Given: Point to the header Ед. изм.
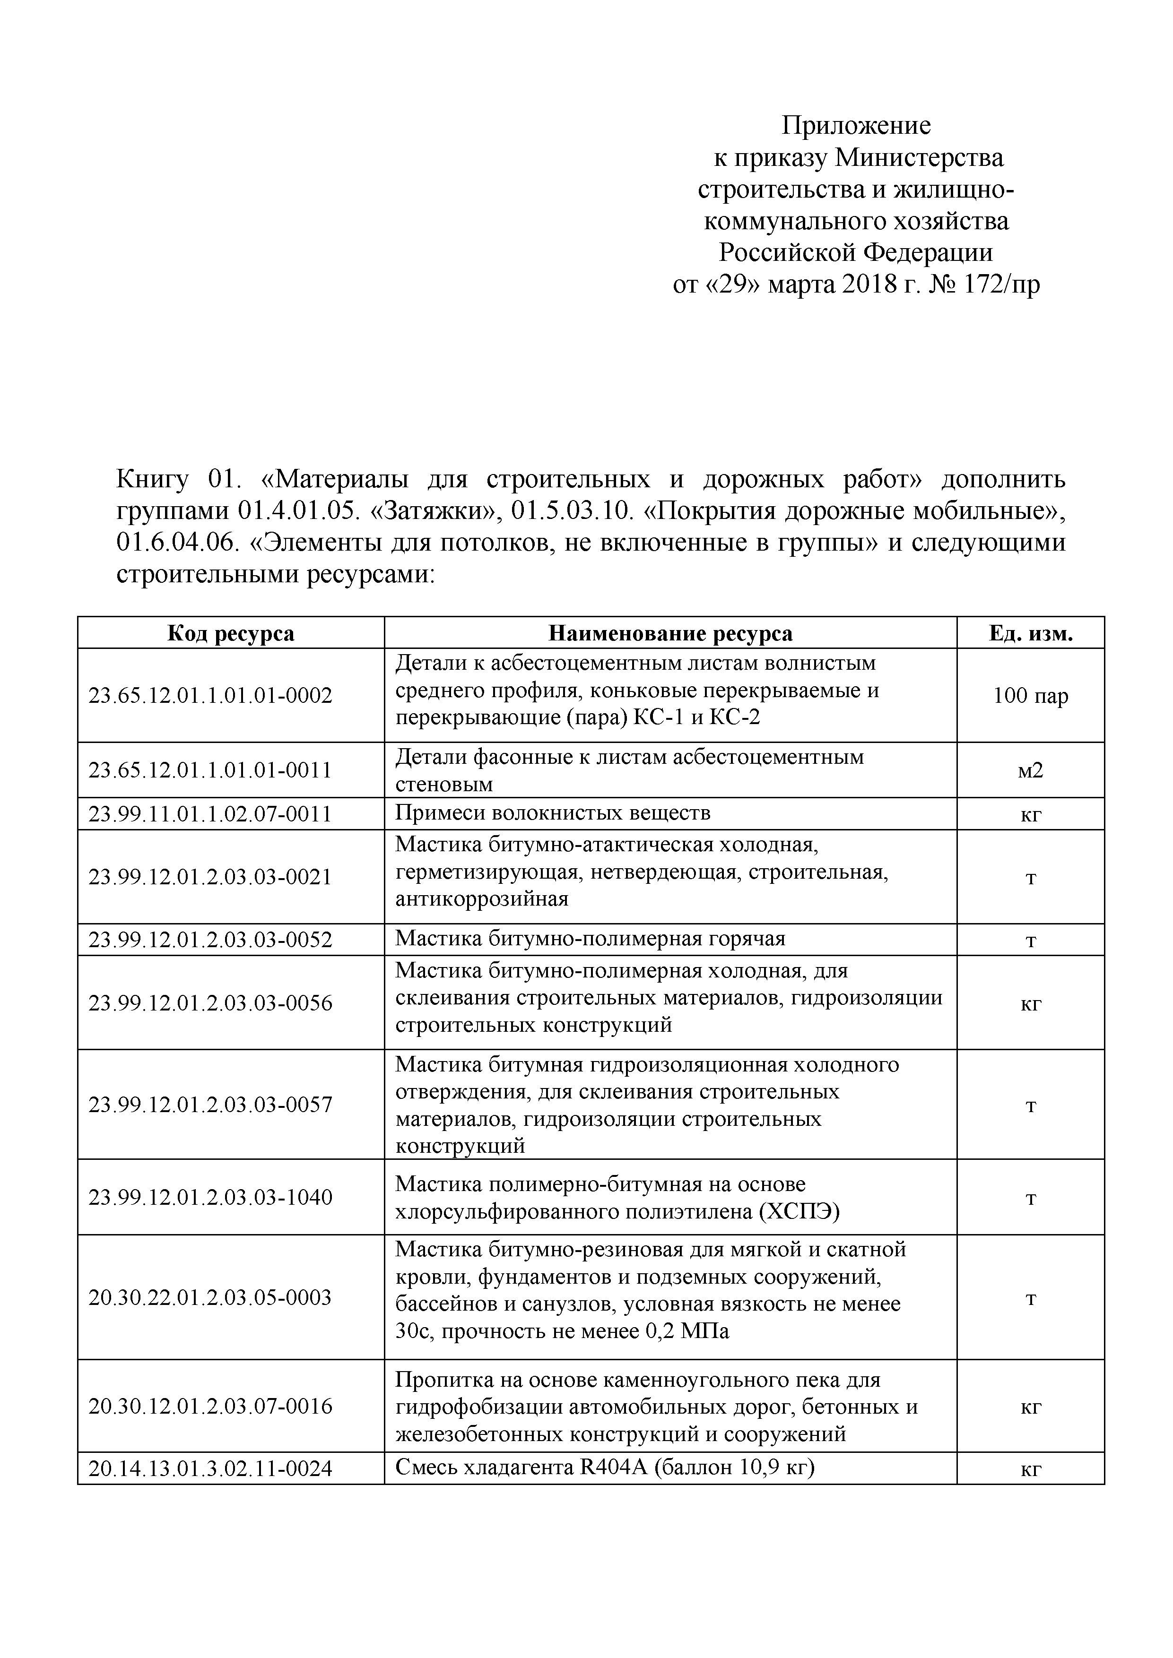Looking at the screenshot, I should pos(1030,633).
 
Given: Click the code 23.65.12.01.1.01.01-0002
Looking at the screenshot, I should pos(210,695).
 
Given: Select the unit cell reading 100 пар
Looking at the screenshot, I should pos(1030,695).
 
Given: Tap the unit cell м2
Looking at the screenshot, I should pos(1030,770).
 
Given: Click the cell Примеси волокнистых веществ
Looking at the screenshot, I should pos(553,813).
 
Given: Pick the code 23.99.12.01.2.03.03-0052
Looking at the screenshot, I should pos(210,940).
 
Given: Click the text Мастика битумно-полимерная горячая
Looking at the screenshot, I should pos(590,938).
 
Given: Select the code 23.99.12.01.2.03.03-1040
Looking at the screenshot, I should pos(210,1197).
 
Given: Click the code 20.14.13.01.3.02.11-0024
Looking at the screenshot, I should pos(210,1468).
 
